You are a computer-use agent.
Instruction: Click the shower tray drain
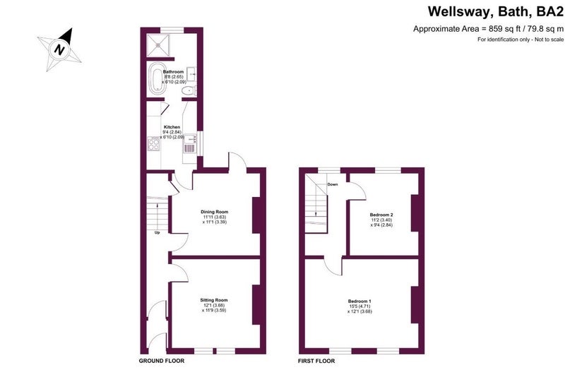[x=158, y=45]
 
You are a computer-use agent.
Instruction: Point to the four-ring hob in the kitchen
[x=153, y=144]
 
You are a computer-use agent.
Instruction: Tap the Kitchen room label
[x=172, y=127]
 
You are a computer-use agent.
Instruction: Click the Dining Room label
[x=215, y=212]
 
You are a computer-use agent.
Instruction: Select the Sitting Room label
[x=214, y=300]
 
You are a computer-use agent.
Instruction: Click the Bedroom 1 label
[x=359, y=302]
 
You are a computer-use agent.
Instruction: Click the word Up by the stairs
[x=157, y=233]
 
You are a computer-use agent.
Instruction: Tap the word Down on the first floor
[x=333, y=184]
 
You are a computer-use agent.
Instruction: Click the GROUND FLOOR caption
[x=162, y=361]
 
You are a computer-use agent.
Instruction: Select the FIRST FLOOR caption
[x=316, y=361]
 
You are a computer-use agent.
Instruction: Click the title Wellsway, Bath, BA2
[x=496, y=11]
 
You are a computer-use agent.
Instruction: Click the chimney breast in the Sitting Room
[x=256, y=305]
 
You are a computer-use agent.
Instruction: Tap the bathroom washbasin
[x=191, y=74]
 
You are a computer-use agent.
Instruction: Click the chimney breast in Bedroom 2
[x=415, y=213]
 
